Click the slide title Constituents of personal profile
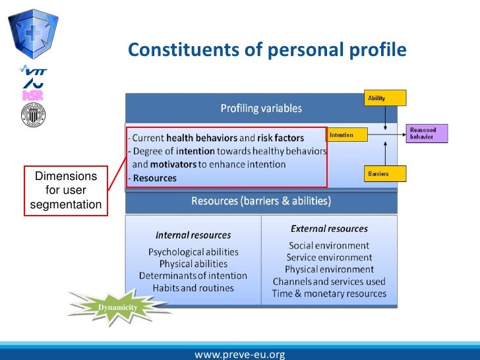[x=267, y=50]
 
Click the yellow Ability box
[x=385, y=98]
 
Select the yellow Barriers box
[x=385, y=173]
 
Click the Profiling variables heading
[x=261, y=108]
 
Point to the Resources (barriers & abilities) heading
[x=261, y=200]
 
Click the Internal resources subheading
[x=193, y=235]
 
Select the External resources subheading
[x=329, y=229]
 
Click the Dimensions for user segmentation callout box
[x=66, y=191]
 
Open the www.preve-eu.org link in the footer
[x=240, y=354]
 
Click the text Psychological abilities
[x=193, y=252]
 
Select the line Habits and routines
[x=193, y=288]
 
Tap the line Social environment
[x=329, y=245]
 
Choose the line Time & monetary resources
[x=329, y=293]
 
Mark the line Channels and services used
[x=329, y=282]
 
